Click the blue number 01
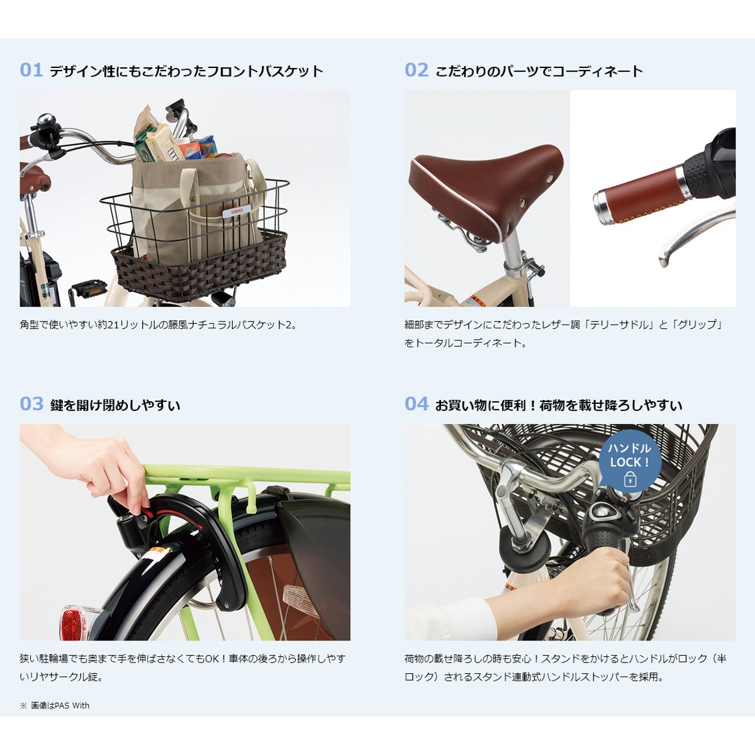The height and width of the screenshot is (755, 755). coord(31,70)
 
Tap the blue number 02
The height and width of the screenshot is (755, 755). coord(416,70)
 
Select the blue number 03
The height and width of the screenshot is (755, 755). coord(31,404)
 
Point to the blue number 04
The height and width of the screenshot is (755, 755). coord(416,404)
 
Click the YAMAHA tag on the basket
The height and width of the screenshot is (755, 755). coord(236,210)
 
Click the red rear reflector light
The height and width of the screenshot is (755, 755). coord(72,622)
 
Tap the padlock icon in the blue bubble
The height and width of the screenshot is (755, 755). coord(630,480)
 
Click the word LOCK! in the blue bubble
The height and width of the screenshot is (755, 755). coord(629,462)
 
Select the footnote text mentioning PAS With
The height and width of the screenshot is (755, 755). coord(55,705)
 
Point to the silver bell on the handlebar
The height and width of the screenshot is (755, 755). coord(46,120)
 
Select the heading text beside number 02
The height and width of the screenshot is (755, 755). coord(539,70)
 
